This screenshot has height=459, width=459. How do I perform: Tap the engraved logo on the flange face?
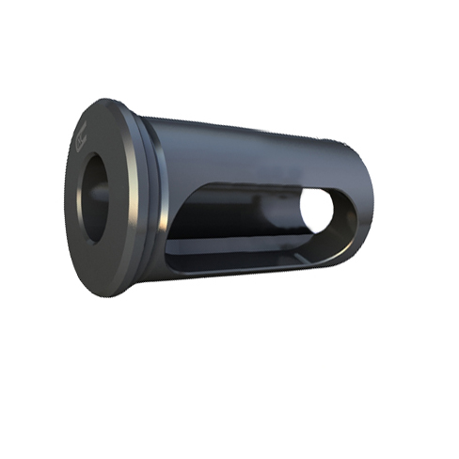click(81, 143)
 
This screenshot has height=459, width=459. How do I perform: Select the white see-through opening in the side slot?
click(318, 213)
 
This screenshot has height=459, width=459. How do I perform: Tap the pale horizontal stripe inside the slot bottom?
click(245, 246)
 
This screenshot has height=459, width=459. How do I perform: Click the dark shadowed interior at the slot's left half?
click(202, 221)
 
